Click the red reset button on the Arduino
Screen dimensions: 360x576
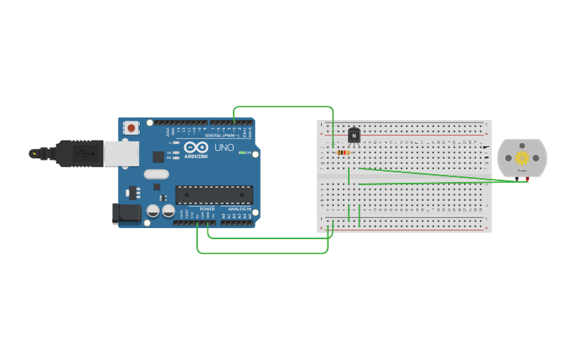[130, 127]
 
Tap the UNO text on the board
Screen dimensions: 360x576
[223, 147]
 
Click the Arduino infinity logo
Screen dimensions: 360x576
[196, 147]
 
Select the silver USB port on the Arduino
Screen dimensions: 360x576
[121, 153]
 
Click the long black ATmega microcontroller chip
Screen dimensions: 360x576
[215, 195]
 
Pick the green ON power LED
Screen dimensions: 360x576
[241, 152]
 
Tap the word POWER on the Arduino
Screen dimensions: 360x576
[207, 209]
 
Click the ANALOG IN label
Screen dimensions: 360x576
[239, 209]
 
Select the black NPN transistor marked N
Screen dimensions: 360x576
[354, 136]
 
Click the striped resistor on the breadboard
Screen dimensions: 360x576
[343, 152]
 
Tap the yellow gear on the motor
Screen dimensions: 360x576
[522, 157]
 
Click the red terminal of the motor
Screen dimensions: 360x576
[527, 180]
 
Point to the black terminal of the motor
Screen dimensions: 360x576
[517, 180]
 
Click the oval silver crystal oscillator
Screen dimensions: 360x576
[157, 174]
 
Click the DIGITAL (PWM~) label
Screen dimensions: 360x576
[223, 135]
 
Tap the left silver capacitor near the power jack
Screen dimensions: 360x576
[153, 211]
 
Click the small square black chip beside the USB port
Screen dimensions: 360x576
[158, 157]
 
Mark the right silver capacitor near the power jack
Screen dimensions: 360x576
[168, 211]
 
